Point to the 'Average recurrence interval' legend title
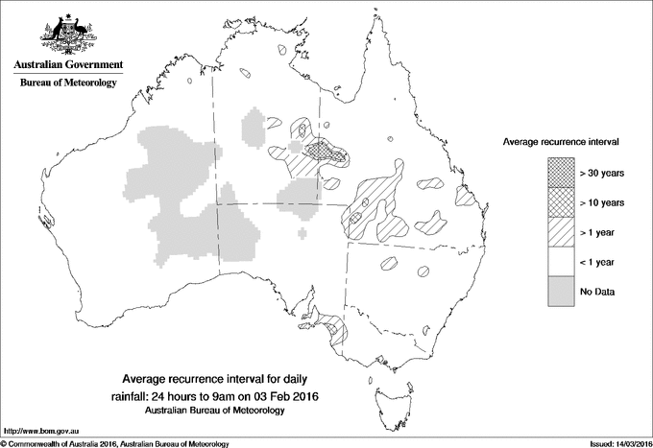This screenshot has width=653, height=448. tap(561, 141)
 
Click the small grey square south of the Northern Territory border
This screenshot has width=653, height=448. tap(303, 233)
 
